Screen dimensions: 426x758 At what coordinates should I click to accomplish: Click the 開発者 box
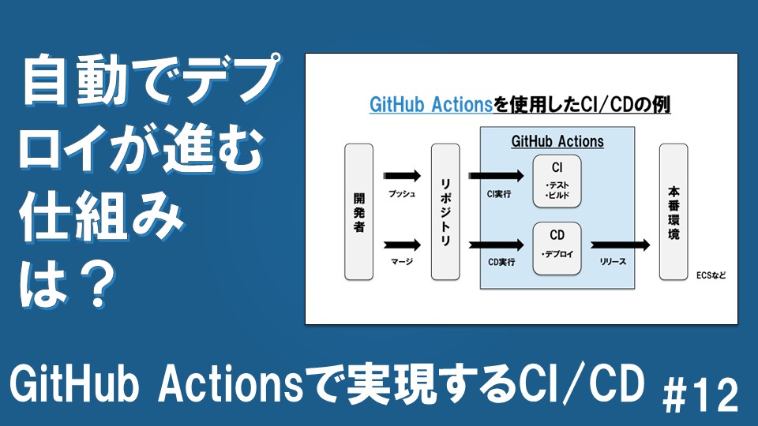click(358, 211)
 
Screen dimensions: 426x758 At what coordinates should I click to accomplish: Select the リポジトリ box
click(445, 211)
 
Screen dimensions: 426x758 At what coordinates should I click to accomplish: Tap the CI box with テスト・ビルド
click(557, 181)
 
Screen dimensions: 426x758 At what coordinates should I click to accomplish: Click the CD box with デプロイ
click(557, 248)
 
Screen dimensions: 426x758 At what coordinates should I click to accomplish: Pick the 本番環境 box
click(674, 211)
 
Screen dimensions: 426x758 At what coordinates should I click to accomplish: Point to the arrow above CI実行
click(497, 175)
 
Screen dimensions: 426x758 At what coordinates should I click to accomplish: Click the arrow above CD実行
click(497, 245)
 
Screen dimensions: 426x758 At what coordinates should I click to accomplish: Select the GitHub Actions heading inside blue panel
click(557, 142)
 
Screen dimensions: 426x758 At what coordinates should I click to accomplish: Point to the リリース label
click(614, 261)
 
